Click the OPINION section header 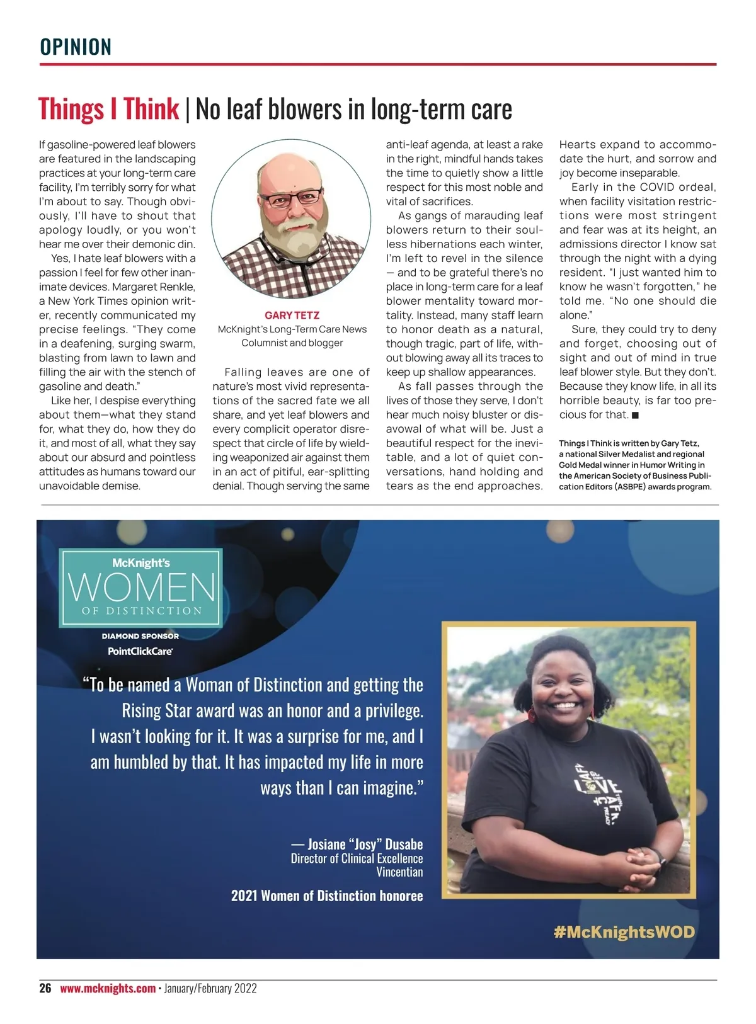pos(76,47)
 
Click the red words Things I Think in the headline pos(108,109)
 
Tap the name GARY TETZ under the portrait pos(292,316)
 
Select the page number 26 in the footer pos(45,988)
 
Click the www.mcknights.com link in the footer pos(108,988)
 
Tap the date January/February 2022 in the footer pos(210,988)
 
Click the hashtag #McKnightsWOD pos(624,932)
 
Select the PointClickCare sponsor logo pos(140,651)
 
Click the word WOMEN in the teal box pos(141,588)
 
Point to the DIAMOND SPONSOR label pos(140,636)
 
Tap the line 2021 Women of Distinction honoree pos(327,896)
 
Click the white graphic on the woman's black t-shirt pos(597,787)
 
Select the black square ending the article pos(636,415)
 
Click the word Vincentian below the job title pos(399,872)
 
